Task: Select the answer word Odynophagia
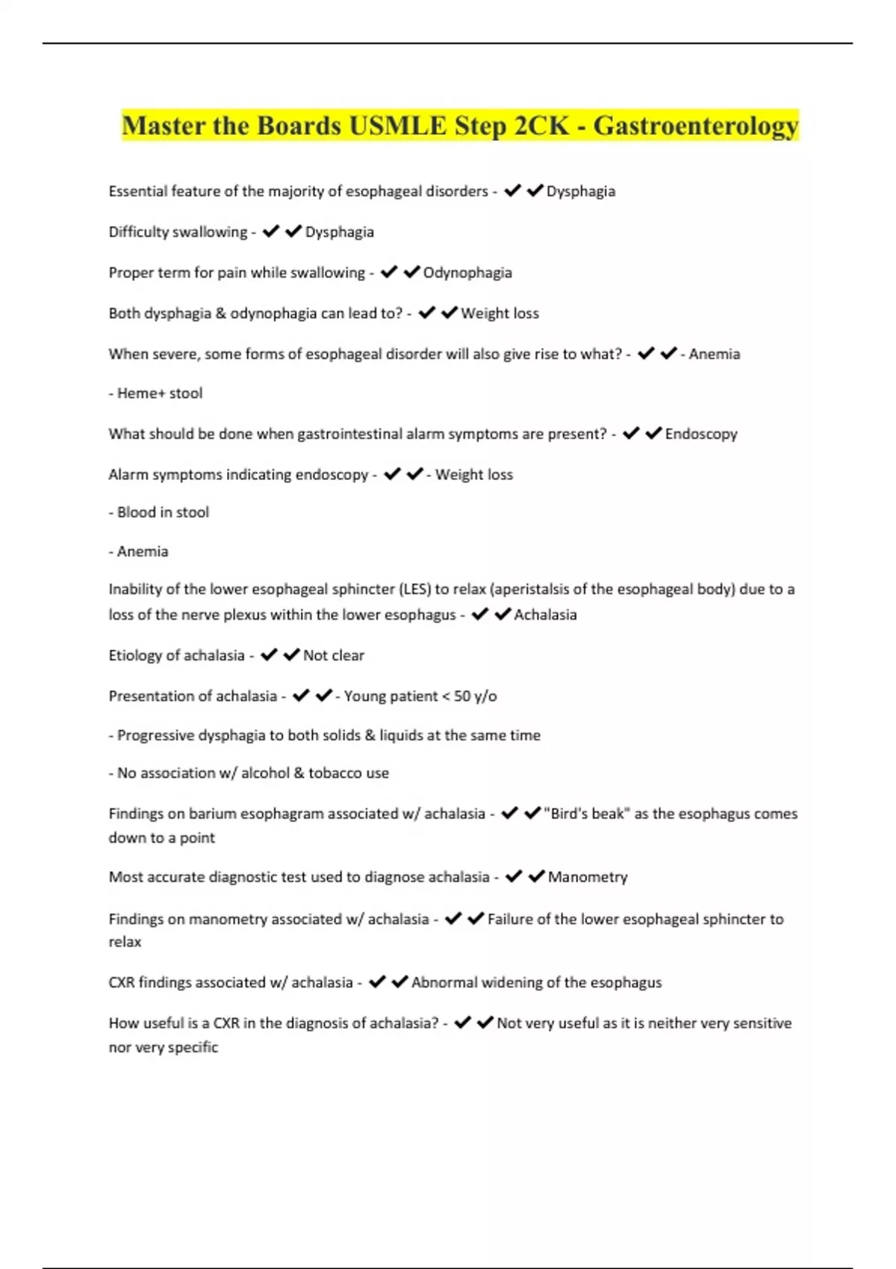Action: [x=467, y=272]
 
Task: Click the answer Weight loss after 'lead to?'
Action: [x=500, y=314]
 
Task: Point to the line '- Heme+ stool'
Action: [x=155, y=393]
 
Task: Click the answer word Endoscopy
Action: [x=700, y=434]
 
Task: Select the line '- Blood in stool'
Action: [x=159, y=512]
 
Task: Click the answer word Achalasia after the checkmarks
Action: [x=545, y=614]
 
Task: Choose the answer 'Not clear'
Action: [x=333, y=655]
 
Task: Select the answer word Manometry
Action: [x=588, y=877]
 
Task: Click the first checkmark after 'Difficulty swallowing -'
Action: [x=270, y=231]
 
